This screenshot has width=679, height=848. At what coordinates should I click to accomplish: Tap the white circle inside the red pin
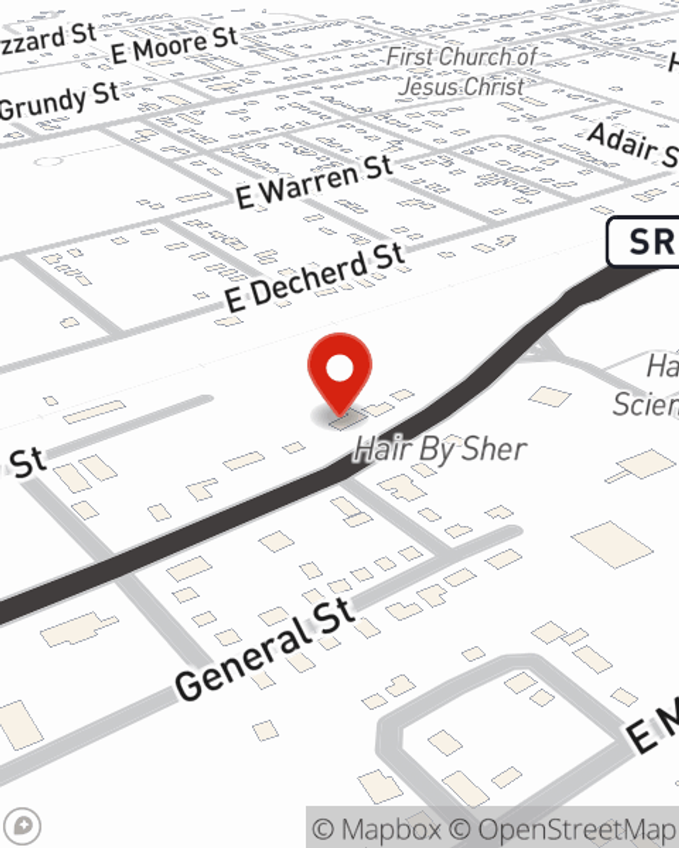339,368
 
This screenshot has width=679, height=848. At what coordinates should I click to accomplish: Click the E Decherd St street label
315,278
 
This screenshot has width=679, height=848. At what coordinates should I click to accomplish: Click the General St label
265,649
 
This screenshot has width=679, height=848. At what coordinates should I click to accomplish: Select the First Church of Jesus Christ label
462,71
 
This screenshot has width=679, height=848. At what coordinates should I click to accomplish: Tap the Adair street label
631,144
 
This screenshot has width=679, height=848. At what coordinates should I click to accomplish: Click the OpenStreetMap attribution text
577,829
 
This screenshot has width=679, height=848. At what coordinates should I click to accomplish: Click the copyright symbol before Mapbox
323,829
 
